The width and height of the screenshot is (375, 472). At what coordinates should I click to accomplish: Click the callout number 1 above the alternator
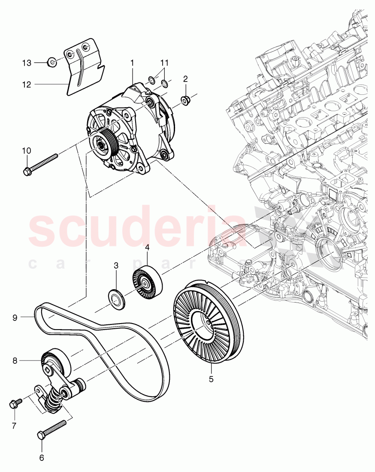132,63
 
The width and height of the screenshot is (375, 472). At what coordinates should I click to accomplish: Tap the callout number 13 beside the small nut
27,63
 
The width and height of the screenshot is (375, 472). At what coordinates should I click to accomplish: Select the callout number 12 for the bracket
27,85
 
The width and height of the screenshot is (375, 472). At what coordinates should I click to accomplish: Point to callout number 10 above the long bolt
27,150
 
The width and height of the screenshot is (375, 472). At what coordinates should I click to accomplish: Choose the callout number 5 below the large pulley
211,379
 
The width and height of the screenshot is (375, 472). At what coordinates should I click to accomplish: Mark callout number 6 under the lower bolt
42,457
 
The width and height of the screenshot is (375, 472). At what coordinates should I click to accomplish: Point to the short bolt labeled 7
14,404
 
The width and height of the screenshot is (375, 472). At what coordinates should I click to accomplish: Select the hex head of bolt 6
42,435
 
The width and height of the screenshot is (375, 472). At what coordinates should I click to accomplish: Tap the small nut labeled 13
51,63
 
